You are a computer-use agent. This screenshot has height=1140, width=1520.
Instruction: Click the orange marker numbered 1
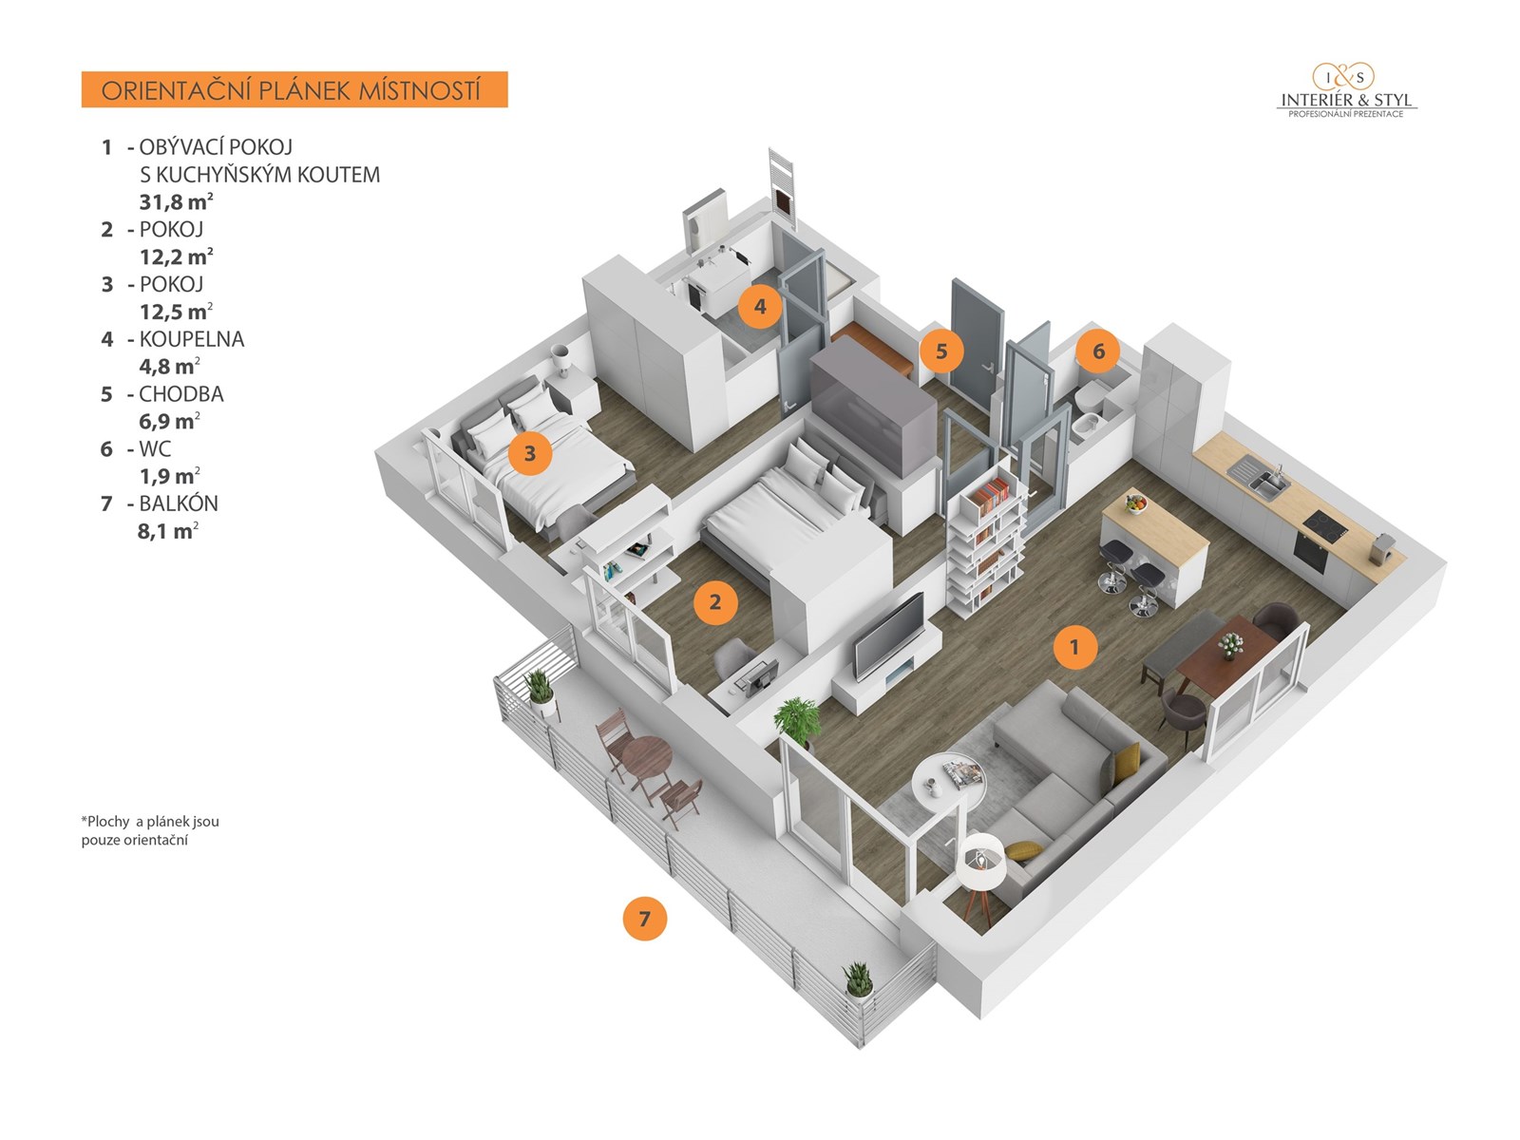pos(1074,647)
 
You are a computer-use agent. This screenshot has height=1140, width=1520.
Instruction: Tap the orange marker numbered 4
pos(760,306)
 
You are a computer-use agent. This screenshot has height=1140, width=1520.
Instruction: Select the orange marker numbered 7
pos(645,919)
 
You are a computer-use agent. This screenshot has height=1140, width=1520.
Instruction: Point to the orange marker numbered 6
pos(1098,351)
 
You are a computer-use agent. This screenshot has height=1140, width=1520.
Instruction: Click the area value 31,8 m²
pos(176,201)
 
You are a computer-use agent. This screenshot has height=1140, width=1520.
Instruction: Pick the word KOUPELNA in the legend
pos(191,339)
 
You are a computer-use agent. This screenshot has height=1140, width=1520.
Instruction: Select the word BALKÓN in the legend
pos(179,503)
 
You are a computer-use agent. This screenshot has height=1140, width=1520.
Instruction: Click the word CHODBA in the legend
pos(181,394)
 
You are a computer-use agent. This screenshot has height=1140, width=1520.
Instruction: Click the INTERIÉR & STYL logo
pos(1346,91)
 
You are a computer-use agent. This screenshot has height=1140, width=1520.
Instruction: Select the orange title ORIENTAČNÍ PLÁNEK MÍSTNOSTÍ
pos(294,90)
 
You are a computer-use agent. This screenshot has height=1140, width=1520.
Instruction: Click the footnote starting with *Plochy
pos(150,830)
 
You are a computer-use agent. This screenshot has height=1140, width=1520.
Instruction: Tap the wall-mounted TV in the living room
pos(889,635)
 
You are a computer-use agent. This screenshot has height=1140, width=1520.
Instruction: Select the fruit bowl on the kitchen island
pos(1135,503)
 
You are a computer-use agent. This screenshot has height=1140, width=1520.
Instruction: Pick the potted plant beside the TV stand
pos(798,719)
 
